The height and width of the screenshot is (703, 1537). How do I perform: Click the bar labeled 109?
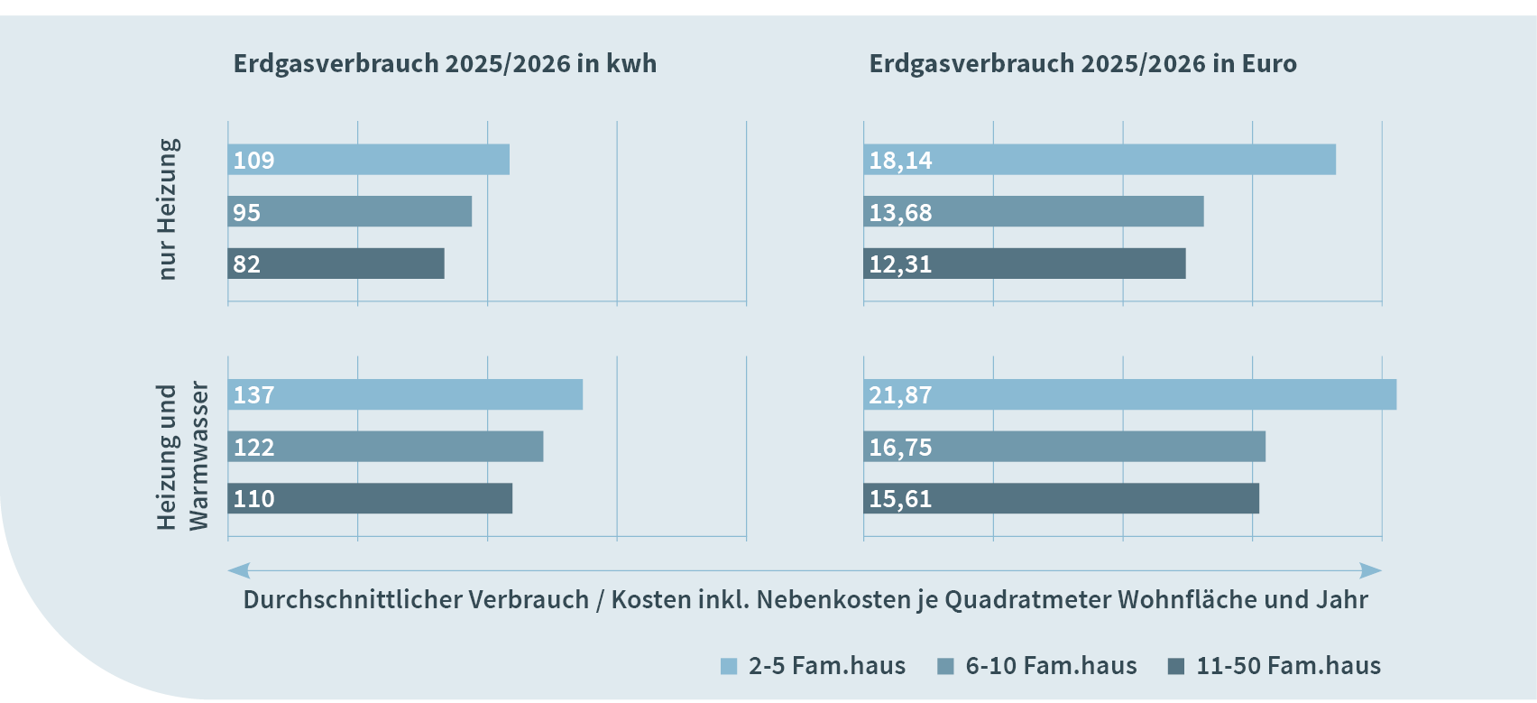(368, 160)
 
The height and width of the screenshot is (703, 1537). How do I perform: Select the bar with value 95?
(349, 212)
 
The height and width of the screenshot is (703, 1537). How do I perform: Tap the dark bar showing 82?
(336, 264)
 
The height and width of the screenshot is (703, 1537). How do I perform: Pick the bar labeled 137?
(405, 394)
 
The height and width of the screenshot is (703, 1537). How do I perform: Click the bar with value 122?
(385, 447)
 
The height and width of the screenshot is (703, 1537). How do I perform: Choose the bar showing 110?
(370, 498)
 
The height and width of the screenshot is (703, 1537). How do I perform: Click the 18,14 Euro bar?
(1099, 160)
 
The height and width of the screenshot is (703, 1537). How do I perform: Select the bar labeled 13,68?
(1033, 212)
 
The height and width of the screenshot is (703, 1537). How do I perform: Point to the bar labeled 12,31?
(1024, 264)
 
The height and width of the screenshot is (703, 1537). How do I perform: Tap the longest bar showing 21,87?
(1129, 394)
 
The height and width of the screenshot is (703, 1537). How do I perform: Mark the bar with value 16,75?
(1064, 447)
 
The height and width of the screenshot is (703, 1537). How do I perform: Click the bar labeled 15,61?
(1061, 498)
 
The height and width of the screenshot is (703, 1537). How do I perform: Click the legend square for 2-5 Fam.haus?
(729, 667)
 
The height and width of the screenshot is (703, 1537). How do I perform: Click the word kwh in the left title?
(630, 64)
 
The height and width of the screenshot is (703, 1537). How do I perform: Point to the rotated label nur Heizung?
(168, 209)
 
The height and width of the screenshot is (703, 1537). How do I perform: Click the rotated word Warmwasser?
(198, 456)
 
